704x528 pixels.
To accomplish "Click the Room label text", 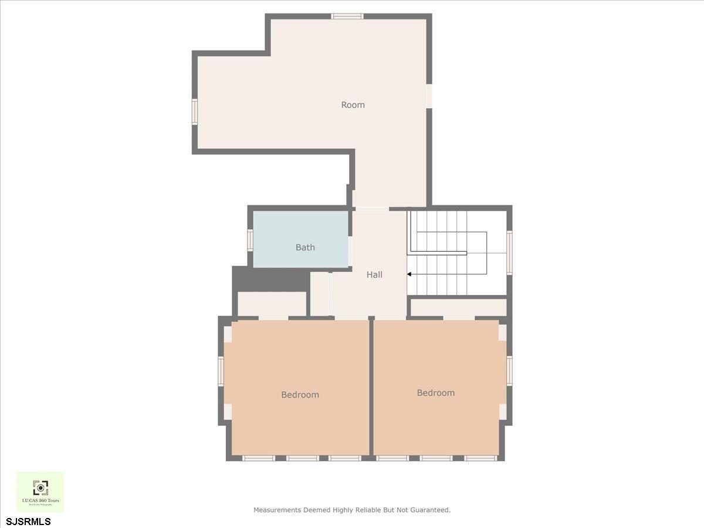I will point(353,105).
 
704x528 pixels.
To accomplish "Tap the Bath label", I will point(305,248).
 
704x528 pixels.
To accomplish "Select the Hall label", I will point(374,275).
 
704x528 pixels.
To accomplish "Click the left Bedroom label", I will point(300,395).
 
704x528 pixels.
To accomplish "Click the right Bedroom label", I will point(435,393).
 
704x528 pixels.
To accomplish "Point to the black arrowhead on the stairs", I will point(409,274).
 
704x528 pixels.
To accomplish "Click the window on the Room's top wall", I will point(347,16).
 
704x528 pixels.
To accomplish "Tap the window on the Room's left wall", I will point(195,111).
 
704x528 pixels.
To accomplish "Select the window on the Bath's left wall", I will point(251,240).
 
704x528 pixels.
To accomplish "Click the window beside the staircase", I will point(509,253).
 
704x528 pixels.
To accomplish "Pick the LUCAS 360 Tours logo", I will point(40,492).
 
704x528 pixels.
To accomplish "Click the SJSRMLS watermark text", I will point(29,521).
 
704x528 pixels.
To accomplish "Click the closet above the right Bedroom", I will point(458,307).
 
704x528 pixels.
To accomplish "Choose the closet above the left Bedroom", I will point(272,304).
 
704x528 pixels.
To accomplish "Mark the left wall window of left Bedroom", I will point(222,371).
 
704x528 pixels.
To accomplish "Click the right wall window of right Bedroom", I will point(509,371).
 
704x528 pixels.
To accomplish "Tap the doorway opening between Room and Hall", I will point(372,208).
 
